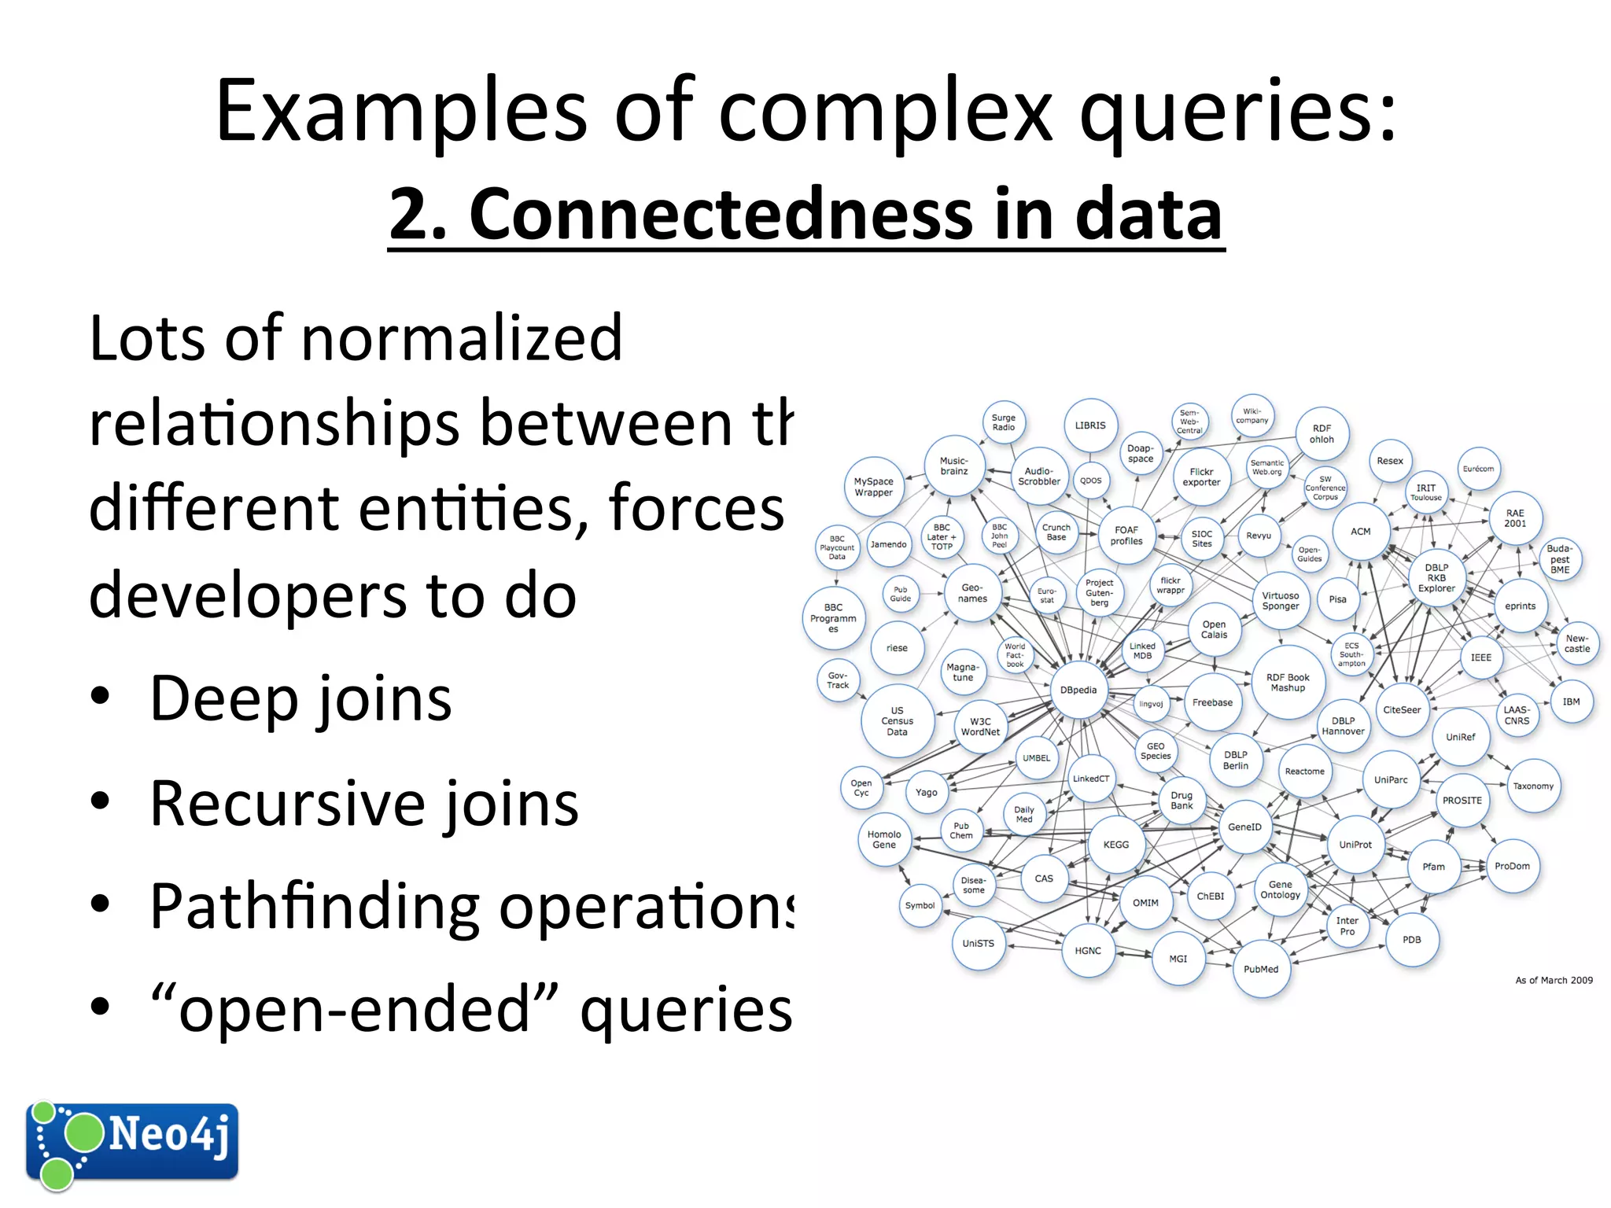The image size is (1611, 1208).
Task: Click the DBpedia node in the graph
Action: coord(1078,690)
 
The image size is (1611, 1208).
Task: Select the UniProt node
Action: coord(1355,845)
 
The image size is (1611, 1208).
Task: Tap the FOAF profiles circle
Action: coord(1126,536)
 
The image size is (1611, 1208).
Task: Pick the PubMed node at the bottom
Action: coord(1261,970)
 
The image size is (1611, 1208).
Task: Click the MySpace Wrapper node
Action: coord(873,487)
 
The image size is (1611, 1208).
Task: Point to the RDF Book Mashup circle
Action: coord(1288,683)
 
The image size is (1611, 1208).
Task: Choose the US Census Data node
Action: coord(897,721)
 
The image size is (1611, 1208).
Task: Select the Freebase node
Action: coord(1212,702)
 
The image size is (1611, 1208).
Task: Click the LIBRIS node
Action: coord(1090,425)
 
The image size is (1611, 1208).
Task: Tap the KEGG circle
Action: coord(1115,845)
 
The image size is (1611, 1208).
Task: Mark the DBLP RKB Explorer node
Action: coord(1436,578)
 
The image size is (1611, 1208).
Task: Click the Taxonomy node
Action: coord(1533,786)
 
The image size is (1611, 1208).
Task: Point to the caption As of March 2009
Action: coord(1554,980)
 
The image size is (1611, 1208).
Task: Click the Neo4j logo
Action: coord(132,1142)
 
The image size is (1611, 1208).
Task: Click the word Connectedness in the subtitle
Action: coord(721,214)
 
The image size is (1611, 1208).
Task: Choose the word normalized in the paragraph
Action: coord(462,338)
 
